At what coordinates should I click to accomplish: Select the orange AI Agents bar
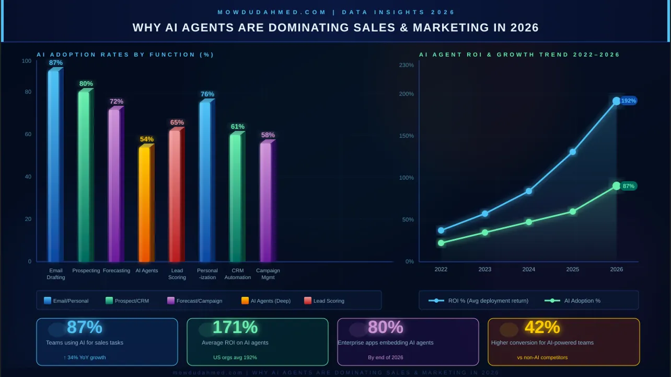click(144, 204)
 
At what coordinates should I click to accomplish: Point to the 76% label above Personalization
click(207, 94)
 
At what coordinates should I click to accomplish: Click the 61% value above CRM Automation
click(238, 127)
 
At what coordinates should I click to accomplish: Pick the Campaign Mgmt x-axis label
click(268, 274)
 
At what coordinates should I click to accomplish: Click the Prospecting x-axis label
click(86, 271)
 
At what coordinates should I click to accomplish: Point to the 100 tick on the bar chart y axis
click(27, 61)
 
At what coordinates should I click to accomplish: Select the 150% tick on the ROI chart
click(406, 136)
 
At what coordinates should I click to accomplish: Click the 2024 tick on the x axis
click(529, 270)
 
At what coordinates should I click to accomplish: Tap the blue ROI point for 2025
click(573, 152)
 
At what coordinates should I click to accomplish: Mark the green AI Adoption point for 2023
click(485, 232)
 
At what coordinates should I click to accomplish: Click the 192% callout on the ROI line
click(628, 101)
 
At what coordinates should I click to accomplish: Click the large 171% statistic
click(235, 327)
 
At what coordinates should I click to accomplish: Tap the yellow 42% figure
click(542, 327)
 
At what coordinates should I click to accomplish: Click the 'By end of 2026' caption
click(385, 358)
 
